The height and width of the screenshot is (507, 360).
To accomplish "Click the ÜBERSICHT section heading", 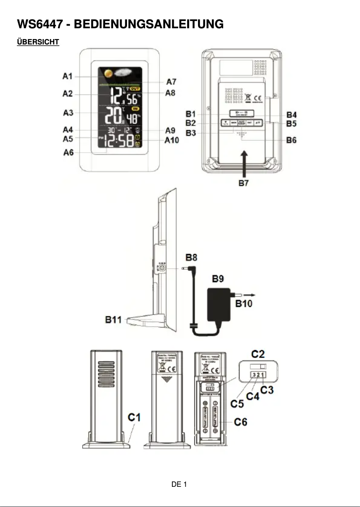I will (38, 42).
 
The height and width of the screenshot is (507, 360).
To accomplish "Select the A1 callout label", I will (67, 77).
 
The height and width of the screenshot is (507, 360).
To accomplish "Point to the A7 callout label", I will (171, 82).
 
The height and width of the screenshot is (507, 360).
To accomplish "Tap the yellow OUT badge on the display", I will (135, 89).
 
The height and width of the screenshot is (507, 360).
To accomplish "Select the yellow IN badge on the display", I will (136, 109).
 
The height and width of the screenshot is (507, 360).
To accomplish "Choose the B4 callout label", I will (291, 115).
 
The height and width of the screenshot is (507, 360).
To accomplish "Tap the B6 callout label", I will (291, 140).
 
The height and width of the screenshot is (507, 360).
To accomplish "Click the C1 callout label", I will (134, 417).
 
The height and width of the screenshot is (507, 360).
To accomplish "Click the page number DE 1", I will (179, 484).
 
